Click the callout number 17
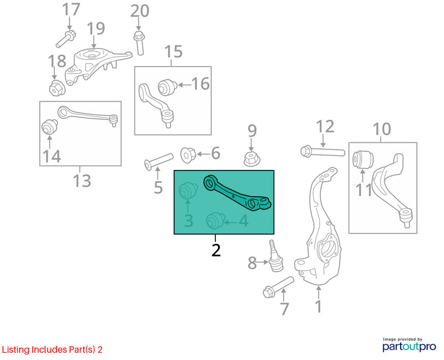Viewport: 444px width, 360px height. [x=70, y=9]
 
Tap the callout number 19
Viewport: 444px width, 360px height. [x=95, y=28]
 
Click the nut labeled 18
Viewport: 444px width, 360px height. [x=56, y=87]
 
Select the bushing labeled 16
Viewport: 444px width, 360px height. [x=167, y=87]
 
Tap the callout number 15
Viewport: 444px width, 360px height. [x=173, y=52]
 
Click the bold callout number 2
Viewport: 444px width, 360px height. [x=216, y=249]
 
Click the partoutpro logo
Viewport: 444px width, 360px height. [x=410, y=346]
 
